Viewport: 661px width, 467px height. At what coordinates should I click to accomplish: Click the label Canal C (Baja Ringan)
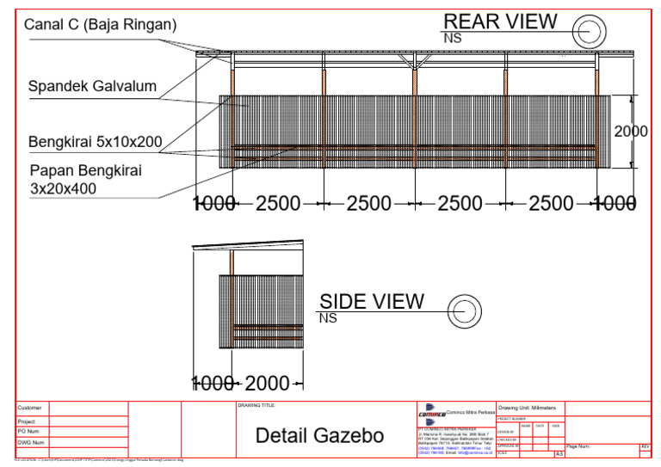click(101, 25)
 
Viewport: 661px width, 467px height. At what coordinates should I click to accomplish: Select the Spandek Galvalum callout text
click(92, 86)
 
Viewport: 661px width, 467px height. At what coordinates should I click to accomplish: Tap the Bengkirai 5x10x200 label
click(95, 141)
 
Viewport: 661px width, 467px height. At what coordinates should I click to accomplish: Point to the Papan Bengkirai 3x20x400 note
click(85, 179)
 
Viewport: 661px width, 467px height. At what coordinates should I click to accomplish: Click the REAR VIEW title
click(500, 22)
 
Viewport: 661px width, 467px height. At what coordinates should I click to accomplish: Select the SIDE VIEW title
click(372, 301)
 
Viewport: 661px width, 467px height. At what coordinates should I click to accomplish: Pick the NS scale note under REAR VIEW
click(452, 38)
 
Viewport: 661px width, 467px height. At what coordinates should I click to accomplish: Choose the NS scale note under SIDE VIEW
click(328, 318)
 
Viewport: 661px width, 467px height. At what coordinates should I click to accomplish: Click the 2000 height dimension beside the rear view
click(632, 132)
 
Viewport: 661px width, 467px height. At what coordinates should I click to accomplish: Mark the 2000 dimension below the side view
click(268, 384)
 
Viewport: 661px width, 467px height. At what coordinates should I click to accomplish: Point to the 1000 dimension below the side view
click(213, 384)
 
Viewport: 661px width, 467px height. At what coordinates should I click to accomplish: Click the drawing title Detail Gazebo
click(319, 436)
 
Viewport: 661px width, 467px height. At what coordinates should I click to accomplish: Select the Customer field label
click(29, 408)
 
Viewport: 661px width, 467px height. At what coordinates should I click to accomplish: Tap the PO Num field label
click(29, 432)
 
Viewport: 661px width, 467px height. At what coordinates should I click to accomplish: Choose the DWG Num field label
click(31, 442)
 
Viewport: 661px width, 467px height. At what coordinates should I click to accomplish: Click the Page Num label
click(578, 446)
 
